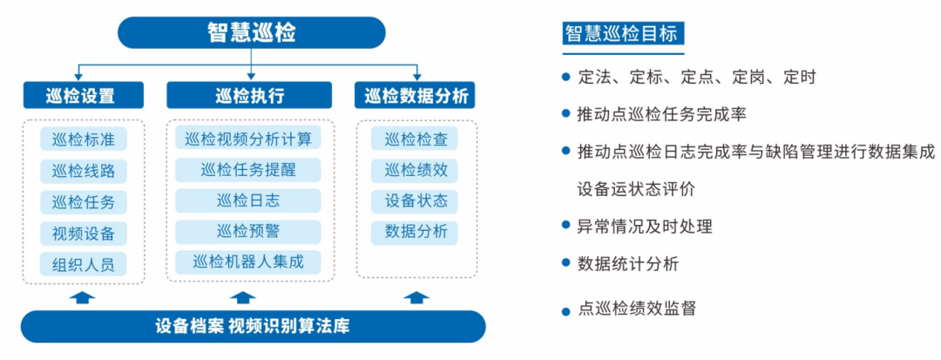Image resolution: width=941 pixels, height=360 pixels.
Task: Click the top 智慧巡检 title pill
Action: tap(252, 32)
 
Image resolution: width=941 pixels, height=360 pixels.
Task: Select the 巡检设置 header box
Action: tap(84, 95)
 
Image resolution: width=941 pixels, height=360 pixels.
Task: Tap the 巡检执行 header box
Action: tap(249, 95)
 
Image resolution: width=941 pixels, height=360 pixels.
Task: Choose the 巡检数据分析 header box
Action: tap(416, 95)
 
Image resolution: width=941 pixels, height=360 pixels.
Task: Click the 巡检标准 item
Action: tap(84, 139)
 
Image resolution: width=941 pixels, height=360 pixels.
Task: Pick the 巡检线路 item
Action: tap(84, 170)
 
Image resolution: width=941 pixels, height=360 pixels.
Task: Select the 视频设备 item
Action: tap(84, 233)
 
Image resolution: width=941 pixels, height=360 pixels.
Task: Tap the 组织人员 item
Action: tap(84, 263)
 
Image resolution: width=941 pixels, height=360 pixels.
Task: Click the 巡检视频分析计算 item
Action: tap(248, 138)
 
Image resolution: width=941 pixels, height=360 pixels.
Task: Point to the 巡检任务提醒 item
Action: tap(248, 169)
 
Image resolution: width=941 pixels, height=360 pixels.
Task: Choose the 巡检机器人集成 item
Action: tap(248, 262)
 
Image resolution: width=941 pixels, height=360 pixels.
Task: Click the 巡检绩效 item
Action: tap(415, 170)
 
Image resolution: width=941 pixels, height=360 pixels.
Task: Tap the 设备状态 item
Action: tap(415, 201)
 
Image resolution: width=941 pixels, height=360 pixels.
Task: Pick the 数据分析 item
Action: tap(415, 232)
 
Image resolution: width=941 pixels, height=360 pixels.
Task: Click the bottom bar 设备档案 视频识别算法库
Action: tap(253, 326)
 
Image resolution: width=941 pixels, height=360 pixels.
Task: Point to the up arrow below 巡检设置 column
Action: tap(83, 297)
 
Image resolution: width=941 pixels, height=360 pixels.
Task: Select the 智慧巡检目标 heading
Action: tap(624, 33)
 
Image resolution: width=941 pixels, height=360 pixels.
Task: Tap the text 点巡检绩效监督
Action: tap(637, 309)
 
